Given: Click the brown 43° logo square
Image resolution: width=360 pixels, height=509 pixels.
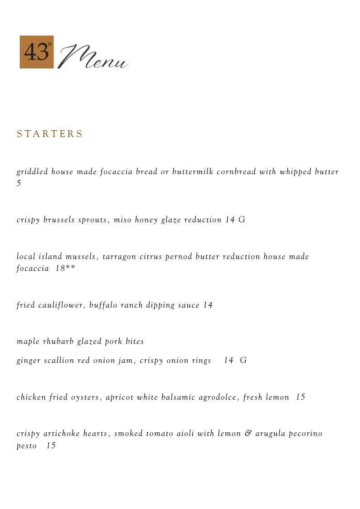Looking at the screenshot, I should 36,52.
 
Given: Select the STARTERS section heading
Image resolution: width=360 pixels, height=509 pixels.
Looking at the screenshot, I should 50,134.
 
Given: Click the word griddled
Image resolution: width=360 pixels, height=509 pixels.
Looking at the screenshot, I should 32,172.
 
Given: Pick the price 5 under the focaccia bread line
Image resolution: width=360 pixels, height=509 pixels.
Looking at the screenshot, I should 19,183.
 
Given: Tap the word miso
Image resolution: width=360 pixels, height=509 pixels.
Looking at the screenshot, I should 122,220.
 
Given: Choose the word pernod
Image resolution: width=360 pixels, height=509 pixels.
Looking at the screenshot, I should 179,257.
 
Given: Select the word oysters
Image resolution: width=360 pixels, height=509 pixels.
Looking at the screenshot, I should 85,397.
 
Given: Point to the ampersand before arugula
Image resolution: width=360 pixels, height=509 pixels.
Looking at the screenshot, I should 248,434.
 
